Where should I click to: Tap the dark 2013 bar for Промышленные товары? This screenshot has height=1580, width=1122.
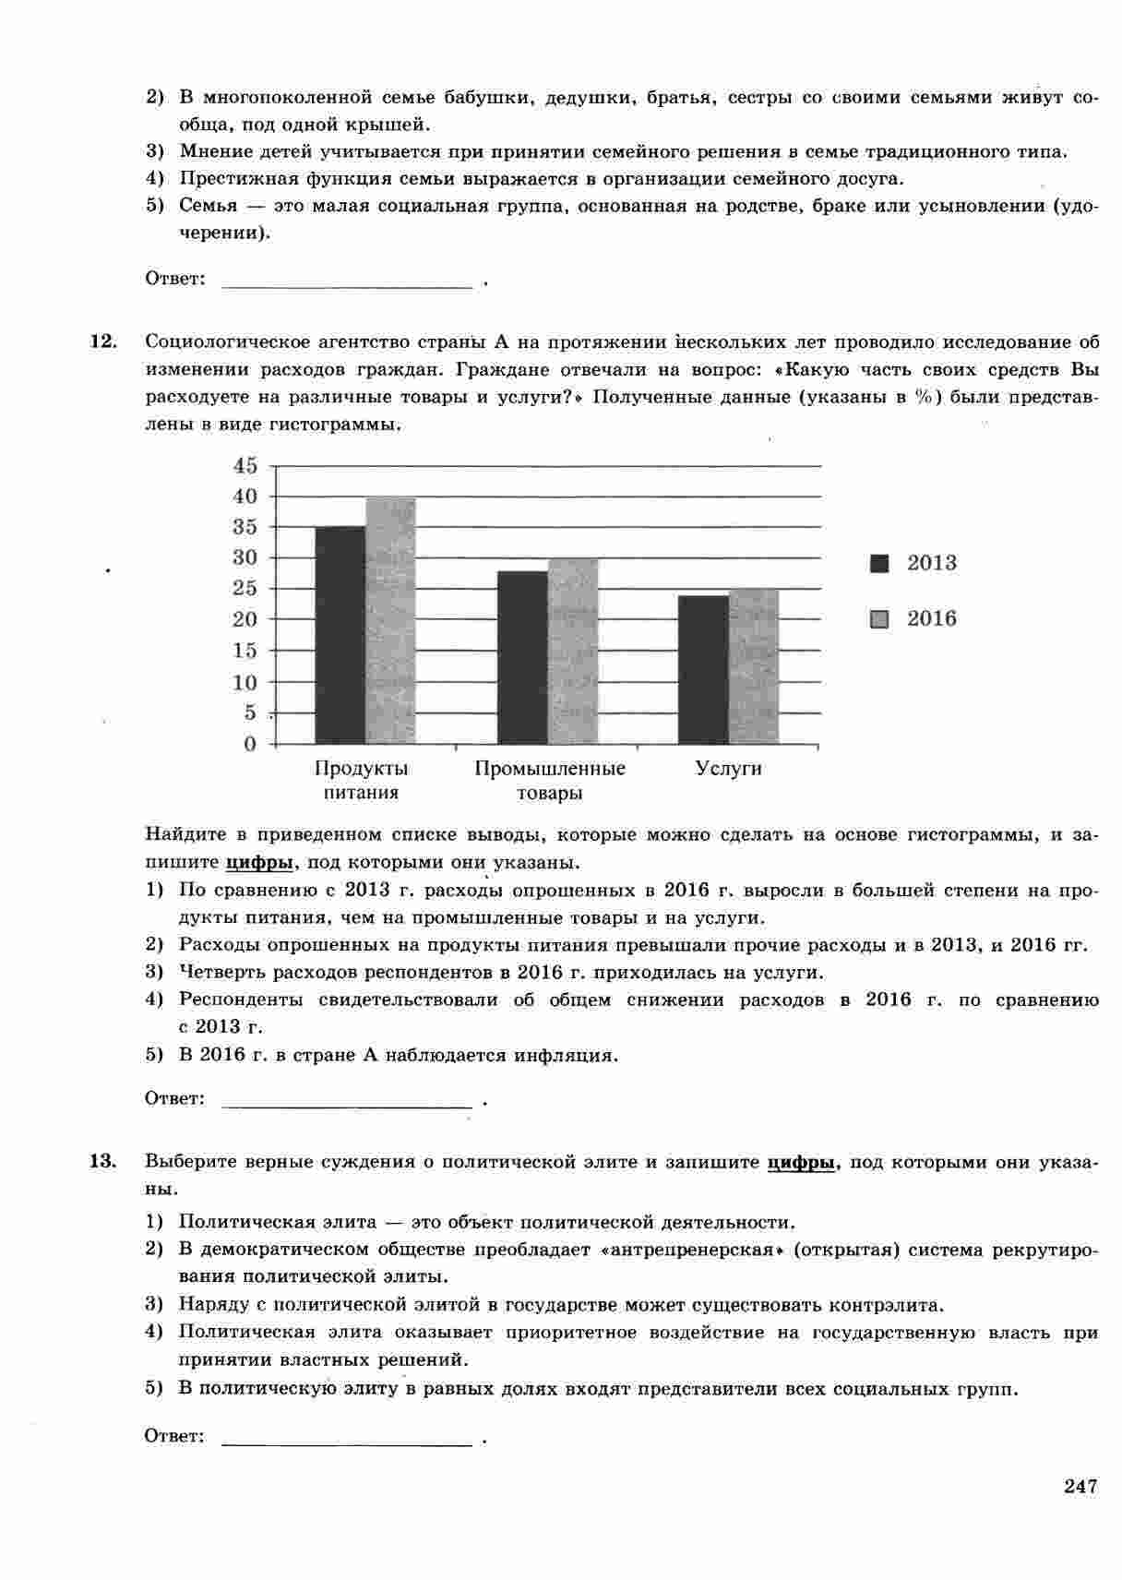pyautogui.click(x=522, y=657)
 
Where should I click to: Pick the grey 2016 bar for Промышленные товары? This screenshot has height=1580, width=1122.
pyautogui.click(x=573, y=651)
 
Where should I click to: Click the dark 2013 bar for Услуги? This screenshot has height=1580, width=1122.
pyautogui.click(x=703, y=669)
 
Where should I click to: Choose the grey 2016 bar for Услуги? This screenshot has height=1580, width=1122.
pyautogui.click(x=754, y=666)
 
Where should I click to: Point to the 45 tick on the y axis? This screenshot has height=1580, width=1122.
pyautogui.click(x=245, y=465)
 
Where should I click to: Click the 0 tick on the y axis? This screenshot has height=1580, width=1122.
pyautogui.click(x=249, y=744)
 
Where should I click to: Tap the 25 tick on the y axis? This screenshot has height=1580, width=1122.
pyautogui.click(x=245, y=589)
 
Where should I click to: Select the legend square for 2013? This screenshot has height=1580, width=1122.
pyautogui.click(x=879, y=564)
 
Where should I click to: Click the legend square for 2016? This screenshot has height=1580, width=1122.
pyautogui.click(x=879, y=619)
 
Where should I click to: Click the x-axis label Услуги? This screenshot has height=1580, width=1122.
pyautogui.click(x=729, y=769)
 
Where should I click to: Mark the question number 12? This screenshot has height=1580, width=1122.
pyautogui.click(x=102, y=342)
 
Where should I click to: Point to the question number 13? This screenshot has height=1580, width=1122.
pyautogui.click(x=102, y=1161)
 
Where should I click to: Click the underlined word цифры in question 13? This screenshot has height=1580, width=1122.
pyautogui.click(x=801, y=1163)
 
